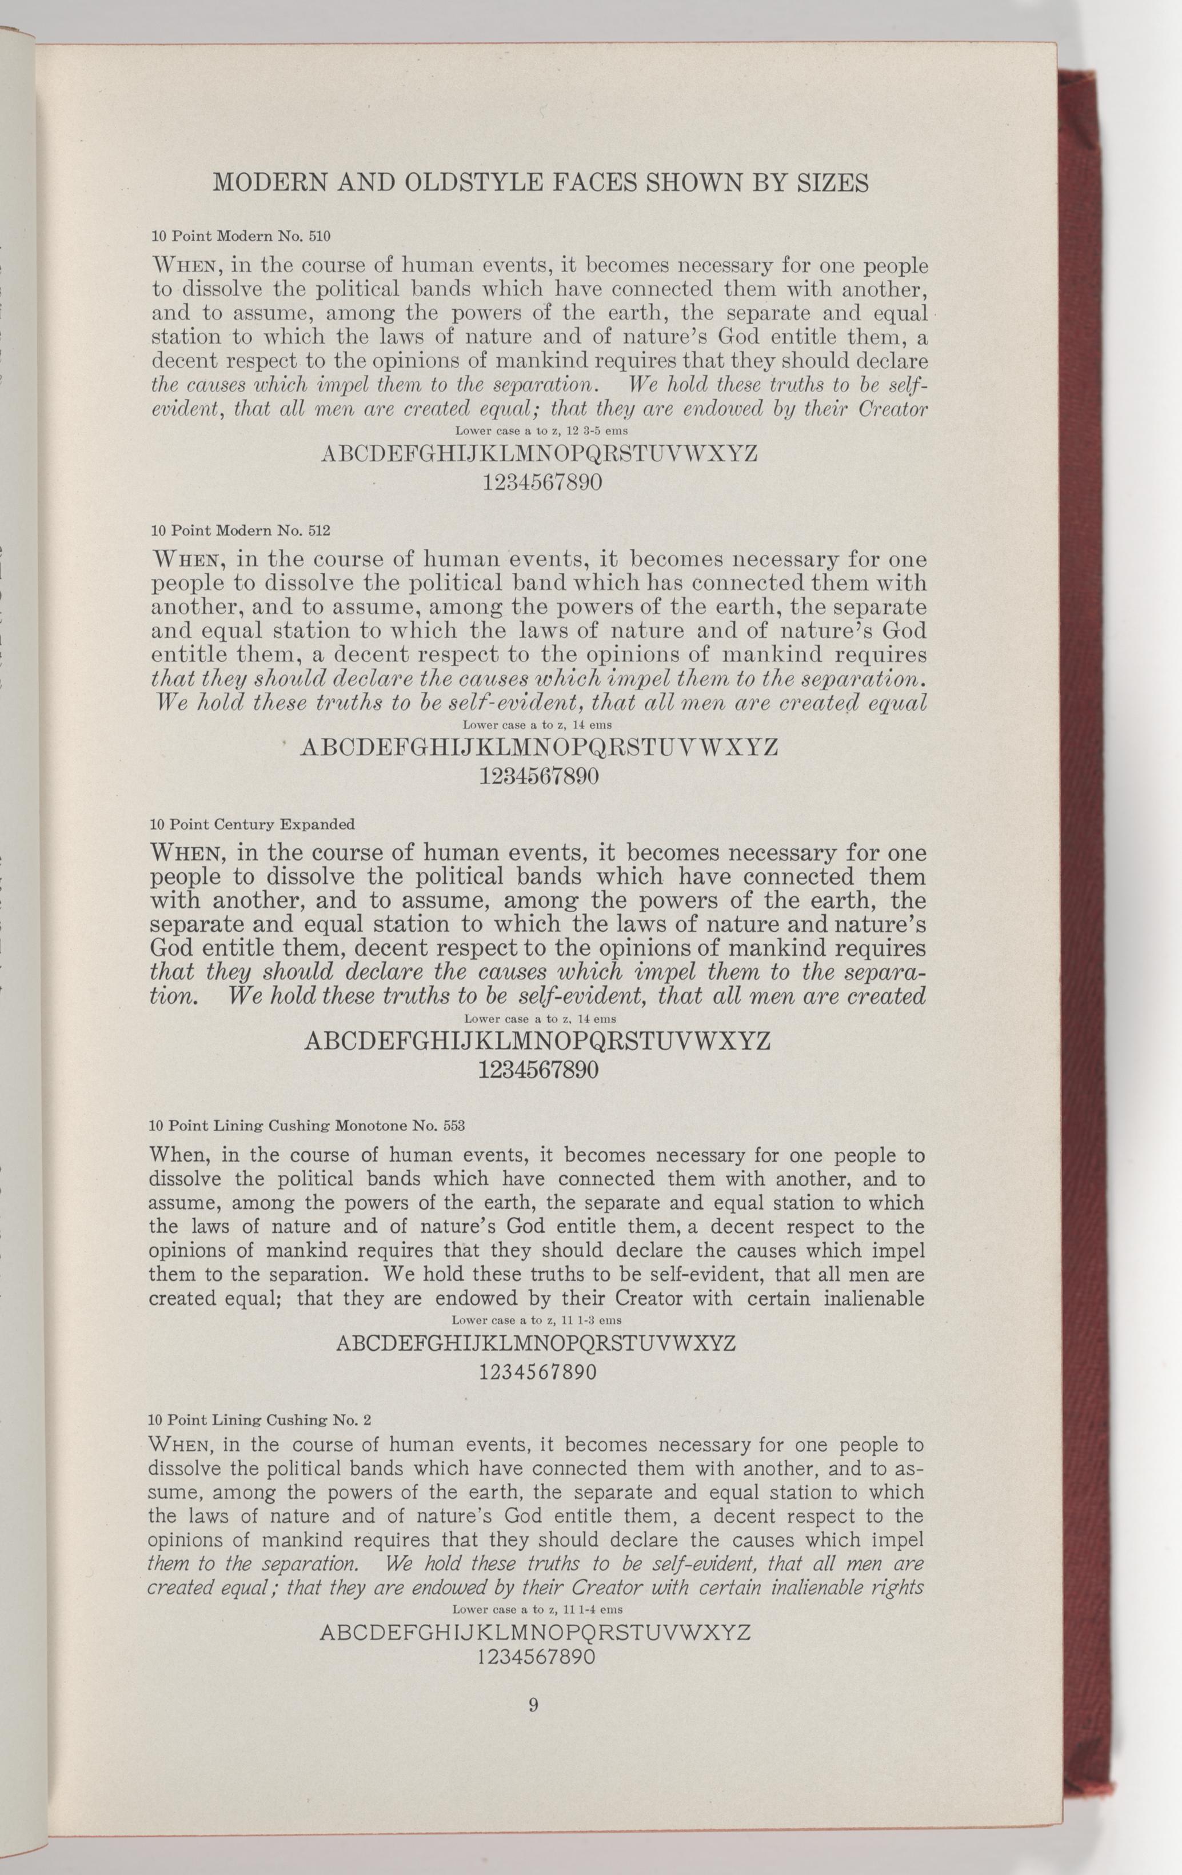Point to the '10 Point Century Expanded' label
(x=251, y=824)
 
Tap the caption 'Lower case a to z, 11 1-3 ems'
(x=536, y=1320)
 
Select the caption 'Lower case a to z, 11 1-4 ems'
(x=536, y=1609)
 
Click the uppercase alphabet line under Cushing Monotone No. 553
(x=536, y=1343)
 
